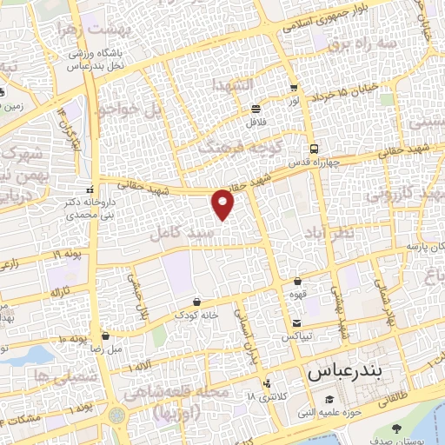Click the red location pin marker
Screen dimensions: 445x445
[x=223, y=203]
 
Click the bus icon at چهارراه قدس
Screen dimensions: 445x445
[x=313, y=148]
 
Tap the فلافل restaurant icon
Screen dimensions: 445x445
[x=256, y=110]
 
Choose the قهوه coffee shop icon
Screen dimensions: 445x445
[x=298, y=282]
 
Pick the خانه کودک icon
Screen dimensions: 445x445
[x=200, y=302]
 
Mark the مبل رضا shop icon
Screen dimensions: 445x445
[x=106, y=335]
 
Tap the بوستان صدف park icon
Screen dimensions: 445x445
[x=396, y=429]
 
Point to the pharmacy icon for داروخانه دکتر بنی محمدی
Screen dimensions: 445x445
[x=90, y=189]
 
